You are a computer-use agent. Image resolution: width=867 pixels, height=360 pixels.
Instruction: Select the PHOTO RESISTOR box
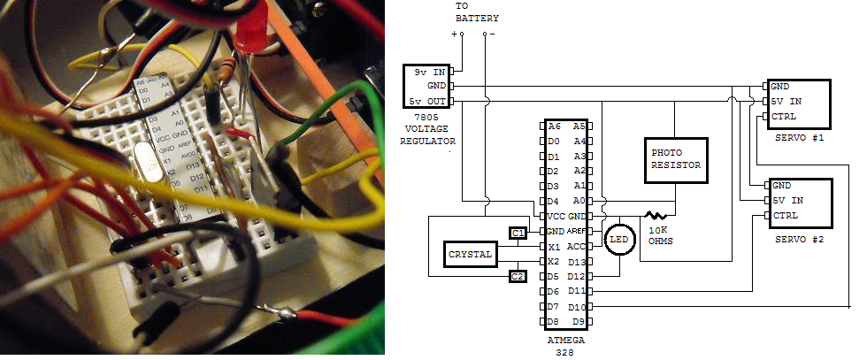[675, 159]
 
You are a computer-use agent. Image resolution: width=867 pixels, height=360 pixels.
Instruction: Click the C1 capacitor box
[518, 233]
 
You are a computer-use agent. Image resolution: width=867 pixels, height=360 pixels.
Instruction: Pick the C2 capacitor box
[518, 277]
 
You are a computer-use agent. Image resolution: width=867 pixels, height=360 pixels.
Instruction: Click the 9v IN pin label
[429, 71]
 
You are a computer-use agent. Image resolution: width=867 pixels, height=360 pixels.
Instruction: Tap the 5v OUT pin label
[428, 102]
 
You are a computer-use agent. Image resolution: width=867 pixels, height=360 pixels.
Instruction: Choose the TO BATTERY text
[476, 12]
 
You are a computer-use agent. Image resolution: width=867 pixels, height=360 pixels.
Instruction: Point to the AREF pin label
[576, 231]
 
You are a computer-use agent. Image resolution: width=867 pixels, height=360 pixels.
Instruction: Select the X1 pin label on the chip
[554, 247]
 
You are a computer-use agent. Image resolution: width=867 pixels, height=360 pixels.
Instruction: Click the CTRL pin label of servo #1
[784, 117]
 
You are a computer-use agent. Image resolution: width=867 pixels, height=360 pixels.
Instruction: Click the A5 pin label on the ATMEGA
[579, 126]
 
